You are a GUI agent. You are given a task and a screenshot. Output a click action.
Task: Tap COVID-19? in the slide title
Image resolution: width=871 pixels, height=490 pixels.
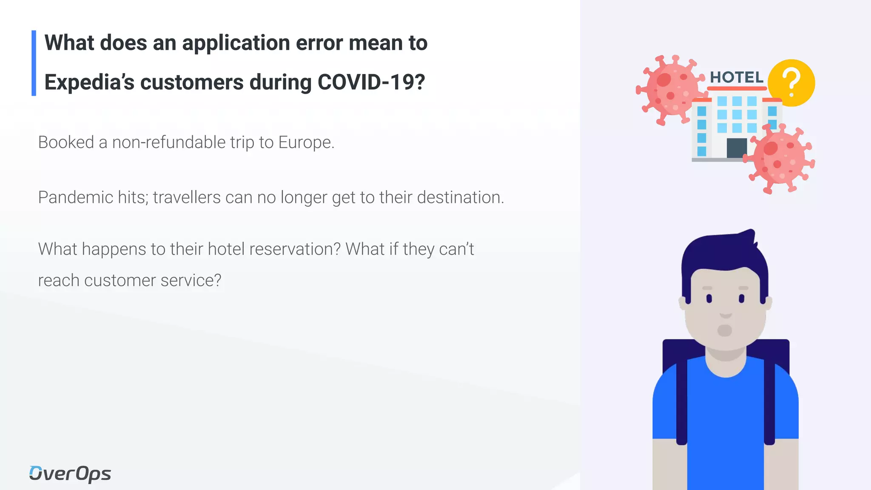click(371, 82)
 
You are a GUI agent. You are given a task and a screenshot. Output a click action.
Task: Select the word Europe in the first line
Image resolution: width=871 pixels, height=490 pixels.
click(306, 142)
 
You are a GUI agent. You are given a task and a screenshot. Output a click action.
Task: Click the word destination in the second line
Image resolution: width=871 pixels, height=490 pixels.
click(460, 197)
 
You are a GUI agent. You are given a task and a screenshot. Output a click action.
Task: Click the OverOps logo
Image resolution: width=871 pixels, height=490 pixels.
click(70, 473)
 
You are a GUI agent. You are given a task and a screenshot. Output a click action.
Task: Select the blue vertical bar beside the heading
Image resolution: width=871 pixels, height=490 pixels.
click(34, 63)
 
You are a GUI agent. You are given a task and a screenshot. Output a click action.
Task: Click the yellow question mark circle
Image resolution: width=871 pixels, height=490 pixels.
click(792, 83)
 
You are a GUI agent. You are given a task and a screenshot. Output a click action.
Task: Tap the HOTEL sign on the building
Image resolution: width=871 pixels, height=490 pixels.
click(737, 77)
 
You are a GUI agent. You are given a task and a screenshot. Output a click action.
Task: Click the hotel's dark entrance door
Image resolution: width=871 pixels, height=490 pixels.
click(737, 148)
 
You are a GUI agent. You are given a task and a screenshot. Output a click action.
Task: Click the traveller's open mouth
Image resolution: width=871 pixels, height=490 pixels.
click(725, 330)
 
